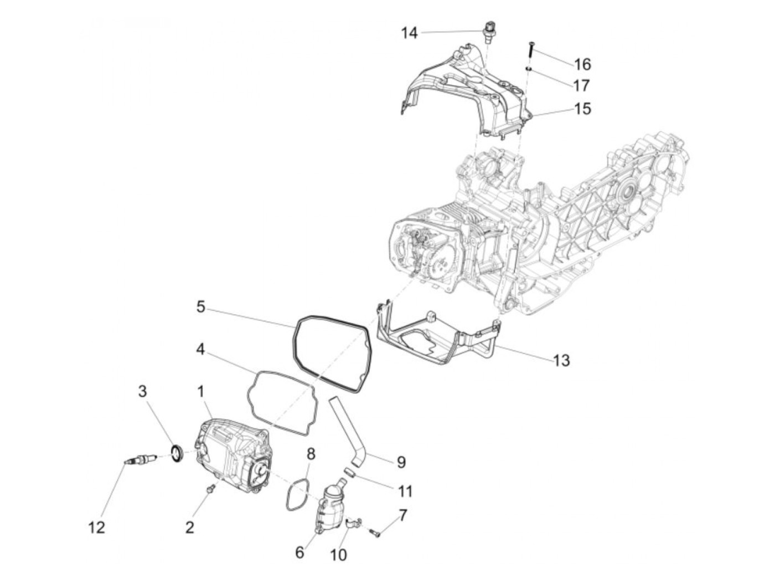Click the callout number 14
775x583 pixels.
[x=409, y=33]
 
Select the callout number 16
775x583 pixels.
[x=582, y=64]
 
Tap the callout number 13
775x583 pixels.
[x=561, y=360]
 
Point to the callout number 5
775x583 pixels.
[x=200, y=306]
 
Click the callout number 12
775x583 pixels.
[x=96, y=527]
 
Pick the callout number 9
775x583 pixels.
[x=401, y=461]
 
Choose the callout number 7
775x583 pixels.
[x=402, y=515]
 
